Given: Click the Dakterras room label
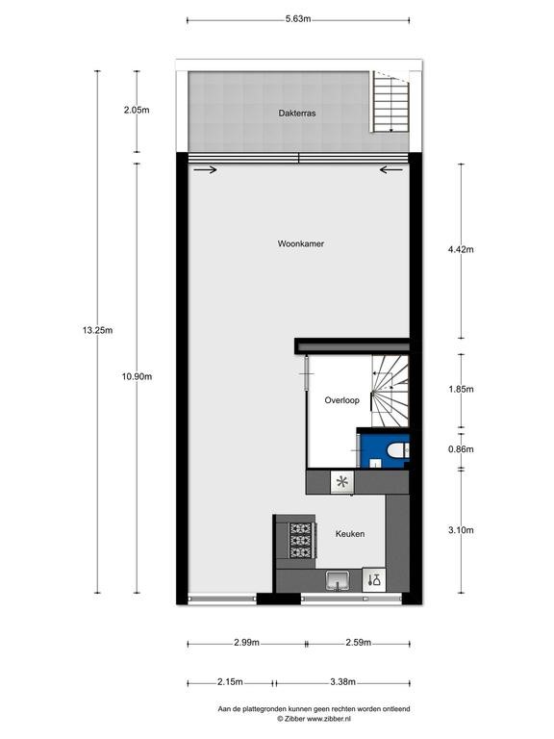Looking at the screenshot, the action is [297, 114].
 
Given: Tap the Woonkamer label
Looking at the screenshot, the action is [300, 243].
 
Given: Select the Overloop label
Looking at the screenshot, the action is [341, 400].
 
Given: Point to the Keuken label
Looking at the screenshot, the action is [349, 533].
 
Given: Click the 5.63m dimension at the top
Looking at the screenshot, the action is [298, 19].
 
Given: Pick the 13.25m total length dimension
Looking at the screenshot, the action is [97, 330].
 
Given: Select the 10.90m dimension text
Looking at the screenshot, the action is [137, 376].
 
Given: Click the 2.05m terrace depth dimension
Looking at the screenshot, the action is [137, 110].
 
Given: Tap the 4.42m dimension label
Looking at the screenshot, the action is [461, 249].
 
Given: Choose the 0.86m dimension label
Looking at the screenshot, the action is [461, 449].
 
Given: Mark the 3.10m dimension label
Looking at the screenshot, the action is [461, 530].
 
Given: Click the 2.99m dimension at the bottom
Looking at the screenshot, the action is [246, 643].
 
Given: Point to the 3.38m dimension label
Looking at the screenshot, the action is [342, 681].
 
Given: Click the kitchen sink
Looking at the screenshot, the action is [338, 579].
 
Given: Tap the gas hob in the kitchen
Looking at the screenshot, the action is [301, 540].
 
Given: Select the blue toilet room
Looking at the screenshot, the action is [383, 448].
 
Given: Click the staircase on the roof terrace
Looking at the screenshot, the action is [390, 102].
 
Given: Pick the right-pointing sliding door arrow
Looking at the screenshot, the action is [205, 169].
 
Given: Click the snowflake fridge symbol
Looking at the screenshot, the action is [342, 482].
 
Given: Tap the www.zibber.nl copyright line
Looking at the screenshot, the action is [314, 719].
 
